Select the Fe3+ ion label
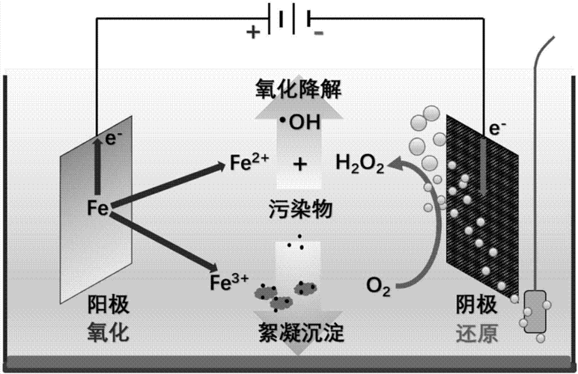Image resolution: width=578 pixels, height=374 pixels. point(229,282)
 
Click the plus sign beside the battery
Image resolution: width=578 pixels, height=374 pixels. point(254,32)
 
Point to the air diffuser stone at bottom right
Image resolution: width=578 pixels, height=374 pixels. point(536,311)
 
